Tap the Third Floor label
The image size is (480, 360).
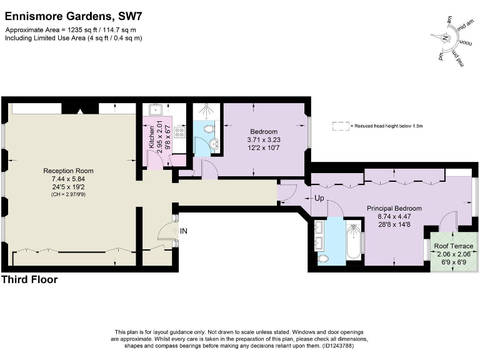[x=30, y=280]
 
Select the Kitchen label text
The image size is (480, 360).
[x=151, y=137]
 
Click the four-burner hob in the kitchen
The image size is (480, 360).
[x=181, y=132]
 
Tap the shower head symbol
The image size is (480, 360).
[x=204, y=110]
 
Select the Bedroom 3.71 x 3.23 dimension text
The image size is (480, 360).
[x=263, y=140]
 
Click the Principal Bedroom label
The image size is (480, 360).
[x=394, y=208]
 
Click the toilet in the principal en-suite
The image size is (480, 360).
[x=323, y=258]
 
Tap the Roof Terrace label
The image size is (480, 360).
[x=454, y=246]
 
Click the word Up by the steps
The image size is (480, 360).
[x=318, y=198]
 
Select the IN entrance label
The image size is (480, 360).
[x=184, y=231]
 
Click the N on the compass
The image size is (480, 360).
[x=445, y=38]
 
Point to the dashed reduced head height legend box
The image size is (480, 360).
[x=341, y=126]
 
